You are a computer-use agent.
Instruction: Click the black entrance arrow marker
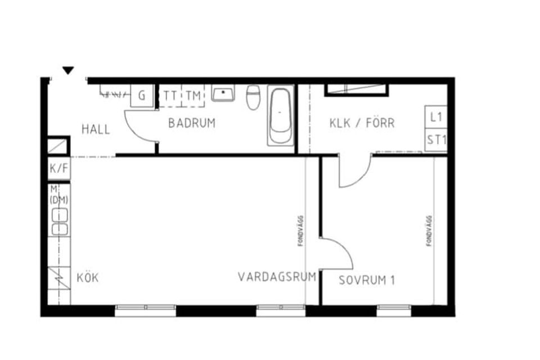pos(68,70)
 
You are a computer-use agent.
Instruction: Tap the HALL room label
pos(96,129)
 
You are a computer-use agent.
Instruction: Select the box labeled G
pos(142,96)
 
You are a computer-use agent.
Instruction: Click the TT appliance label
pos(170,96)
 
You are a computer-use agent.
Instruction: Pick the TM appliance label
pos(193,96)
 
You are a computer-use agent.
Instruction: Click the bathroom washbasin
pos(223,93)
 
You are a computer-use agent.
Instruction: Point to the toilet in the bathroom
pos(253,97)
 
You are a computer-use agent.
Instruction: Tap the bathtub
pos(280,116)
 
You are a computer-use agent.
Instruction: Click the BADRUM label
pos(192,123)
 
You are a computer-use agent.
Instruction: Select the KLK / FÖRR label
pos(362,123)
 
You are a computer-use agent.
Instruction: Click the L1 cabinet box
pos(435,117)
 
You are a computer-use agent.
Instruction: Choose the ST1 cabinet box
pos(435,140)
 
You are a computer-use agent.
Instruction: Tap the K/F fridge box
pos(59,168)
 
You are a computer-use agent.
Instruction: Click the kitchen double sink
pos(60,222)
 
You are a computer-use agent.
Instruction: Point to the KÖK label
pos(88,278)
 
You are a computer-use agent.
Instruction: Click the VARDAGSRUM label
pos(277,277)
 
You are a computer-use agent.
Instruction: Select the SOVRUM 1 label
pos(367,280)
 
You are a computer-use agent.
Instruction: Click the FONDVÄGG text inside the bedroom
pos(429,231)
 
